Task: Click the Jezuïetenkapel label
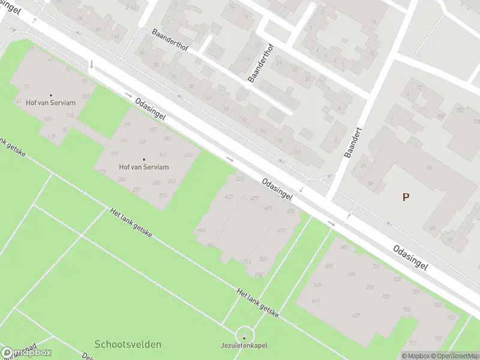[x=244, y=346]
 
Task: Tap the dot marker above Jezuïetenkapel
[x=244, y=338]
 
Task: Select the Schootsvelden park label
[x=127, y=344]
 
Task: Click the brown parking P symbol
[x=406, y=197]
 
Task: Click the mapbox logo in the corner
[x=26, y=353]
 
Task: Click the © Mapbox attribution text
[x=415, y=356]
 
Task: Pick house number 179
[x=126, y=125]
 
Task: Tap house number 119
[x=51, y=137]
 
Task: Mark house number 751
[x=412, y=343]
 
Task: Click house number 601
[x=344, y=247]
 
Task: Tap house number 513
[x=247, y=262]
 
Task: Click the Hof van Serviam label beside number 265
[x=144, y=167]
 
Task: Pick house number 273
[x=162, y=196]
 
